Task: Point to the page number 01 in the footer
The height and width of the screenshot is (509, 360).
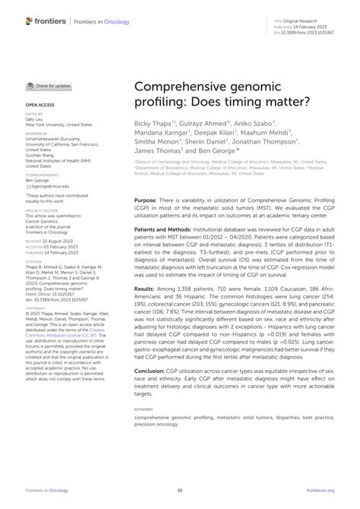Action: click(180, 492)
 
